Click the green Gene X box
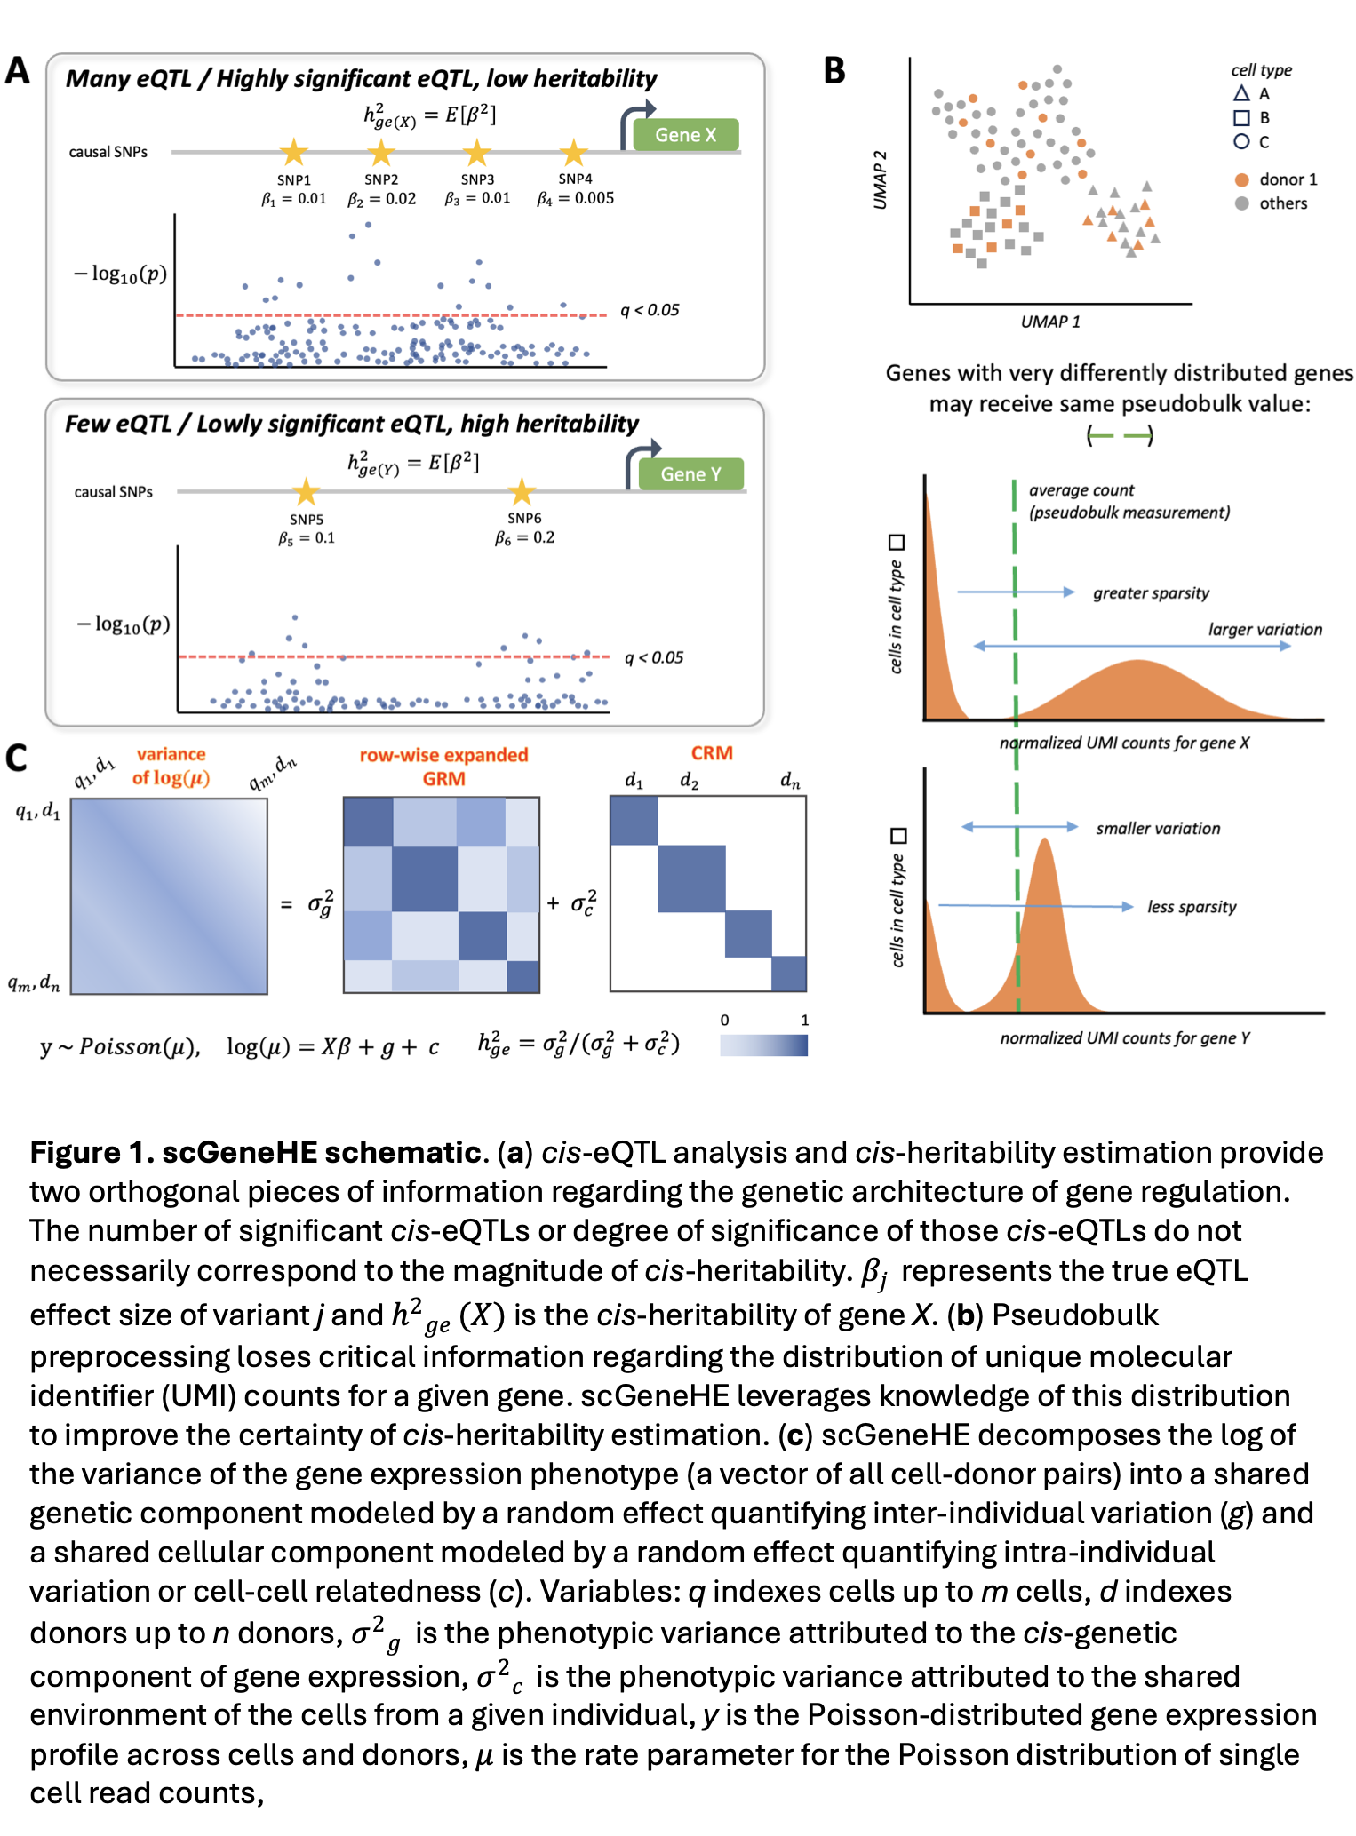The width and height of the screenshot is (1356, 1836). click(x=685, y=135)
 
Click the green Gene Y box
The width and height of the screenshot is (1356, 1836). click(x=690, y=474)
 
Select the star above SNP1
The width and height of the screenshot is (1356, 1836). click(x=294, y=153)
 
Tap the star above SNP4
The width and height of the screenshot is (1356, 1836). click(x=574, y=153)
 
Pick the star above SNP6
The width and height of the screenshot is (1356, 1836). click(x=522, y=491)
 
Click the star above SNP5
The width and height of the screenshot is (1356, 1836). click(x=306, y=491)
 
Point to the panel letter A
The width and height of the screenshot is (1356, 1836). click(x=18, y=71)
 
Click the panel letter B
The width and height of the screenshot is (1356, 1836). click(x=834, y=71)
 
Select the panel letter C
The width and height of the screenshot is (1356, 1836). click(x=16, y=758)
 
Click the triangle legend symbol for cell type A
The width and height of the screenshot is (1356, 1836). click(x=1241, y=93)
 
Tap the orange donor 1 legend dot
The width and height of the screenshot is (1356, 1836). click(x=1241, y=179)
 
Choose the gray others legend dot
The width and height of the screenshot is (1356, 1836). click(x=1241, y=203)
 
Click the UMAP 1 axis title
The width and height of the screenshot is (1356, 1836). click(x=1050, y=322)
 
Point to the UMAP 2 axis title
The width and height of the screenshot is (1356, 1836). click(x=881, y=180)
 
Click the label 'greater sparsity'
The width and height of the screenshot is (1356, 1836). click(x=1151, y=593)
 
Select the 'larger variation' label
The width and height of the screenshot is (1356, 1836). click(x=1264, y=630)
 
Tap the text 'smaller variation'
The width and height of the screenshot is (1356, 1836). click(x=1158, y=829)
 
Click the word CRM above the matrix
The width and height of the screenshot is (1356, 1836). click(x=712, y=753)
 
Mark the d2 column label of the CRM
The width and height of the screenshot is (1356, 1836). click(x=689, y=781)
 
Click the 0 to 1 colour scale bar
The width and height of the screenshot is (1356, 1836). click(x=763, y=1045)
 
